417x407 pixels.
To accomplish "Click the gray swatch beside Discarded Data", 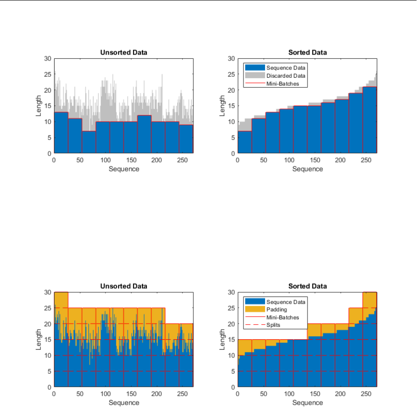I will coord(252,75).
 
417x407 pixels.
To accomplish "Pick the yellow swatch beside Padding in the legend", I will coord(252,310).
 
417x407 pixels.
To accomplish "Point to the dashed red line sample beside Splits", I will coord(252,325).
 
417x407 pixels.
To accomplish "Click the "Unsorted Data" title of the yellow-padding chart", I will coord(124,287).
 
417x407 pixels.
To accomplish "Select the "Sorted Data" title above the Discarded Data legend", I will coord(307,53).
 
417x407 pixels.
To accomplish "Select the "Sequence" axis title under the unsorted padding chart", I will coord(124,402).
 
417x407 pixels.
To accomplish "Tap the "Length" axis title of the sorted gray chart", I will coord(222,106).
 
